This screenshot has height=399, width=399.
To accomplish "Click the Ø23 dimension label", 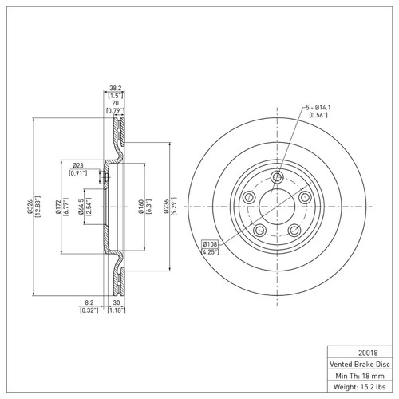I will [78, 165].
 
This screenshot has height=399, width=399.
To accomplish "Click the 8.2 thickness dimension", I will [89, 303].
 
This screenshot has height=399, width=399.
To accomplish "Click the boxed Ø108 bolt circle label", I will [211, 243].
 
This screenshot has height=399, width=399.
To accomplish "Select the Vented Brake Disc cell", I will [358, 362].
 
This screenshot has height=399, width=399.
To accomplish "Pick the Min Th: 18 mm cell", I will [358, 374].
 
